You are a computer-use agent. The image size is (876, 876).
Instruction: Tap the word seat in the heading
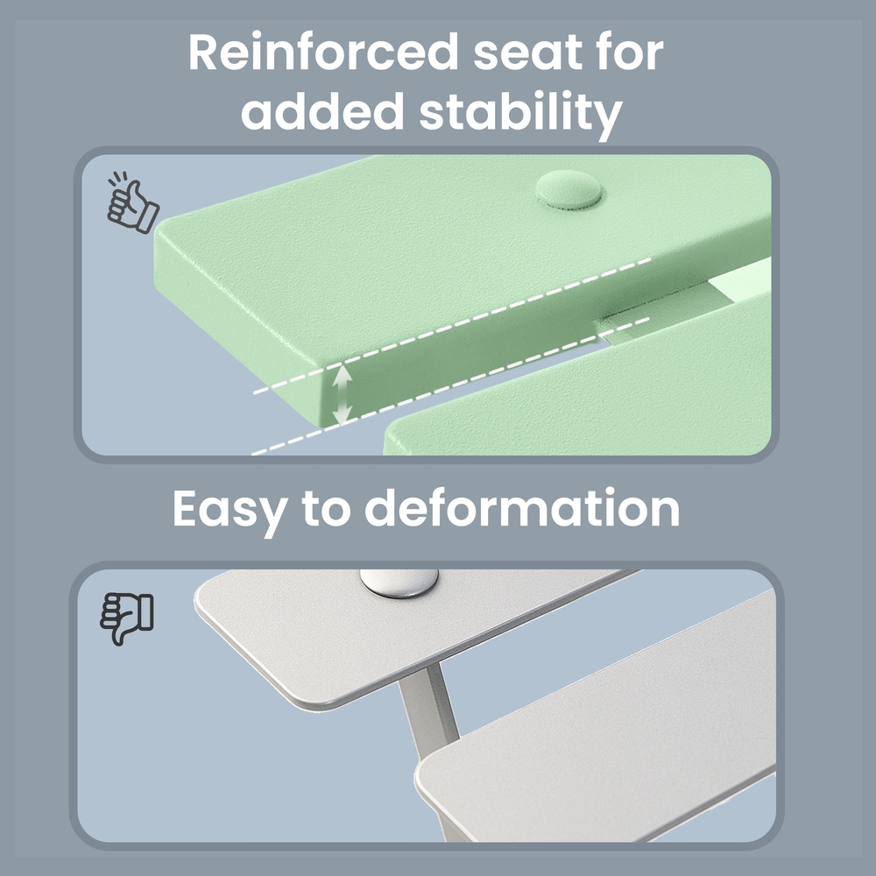[528, 53]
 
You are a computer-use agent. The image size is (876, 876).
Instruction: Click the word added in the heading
[322, 110]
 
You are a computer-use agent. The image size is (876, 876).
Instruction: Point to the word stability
[520, 115]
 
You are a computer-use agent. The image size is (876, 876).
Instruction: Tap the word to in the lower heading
[326, 510]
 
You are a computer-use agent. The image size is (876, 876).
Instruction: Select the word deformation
[522, 507]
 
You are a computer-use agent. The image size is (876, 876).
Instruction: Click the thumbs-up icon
[132, 203]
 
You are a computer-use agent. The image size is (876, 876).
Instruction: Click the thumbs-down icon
[127, 618]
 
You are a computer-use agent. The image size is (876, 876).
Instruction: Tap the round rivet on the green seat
[569, 190]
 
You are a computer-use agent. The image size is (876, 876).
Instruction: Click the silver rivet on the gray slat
[399, 583]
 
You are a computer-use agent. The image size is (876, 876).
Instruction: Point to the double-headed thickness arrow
[342, 395]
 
